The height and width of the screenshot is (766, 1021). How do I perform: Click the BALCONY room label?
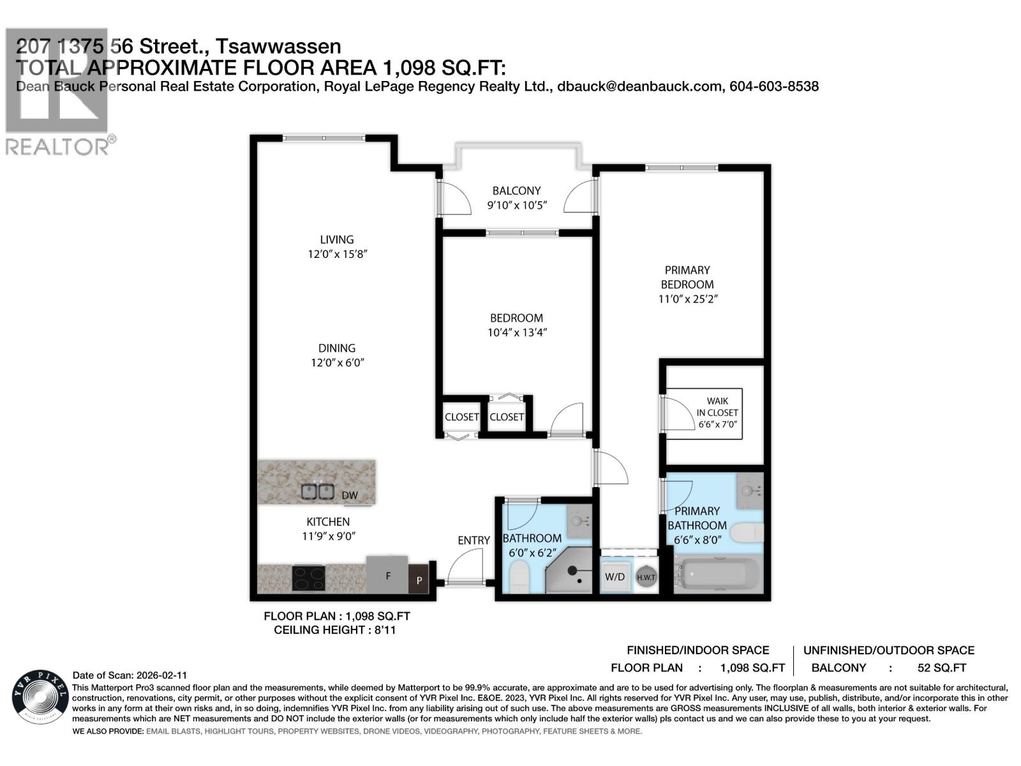pos(516,191)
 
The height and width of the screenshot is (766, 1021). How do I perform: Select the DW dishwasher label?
pos(350,495)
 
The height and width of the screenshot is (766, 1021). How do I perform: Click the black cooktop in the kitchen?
pos(308,578)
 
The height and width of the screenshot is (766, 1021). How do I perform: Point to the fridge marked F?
pos(387,574)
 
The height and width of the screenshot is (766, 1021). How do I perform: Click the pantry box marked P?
pos(419,580)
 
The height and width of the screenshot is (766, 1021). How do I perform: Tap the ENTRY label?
pos(473,541)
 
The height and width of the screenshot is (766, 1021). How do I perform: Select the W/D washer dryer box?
pos(615,576)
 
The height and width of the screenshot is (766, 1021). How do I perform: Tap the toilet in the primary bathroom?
pos(747,532)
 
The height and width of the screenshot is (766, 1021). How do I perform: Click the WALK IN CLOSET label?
pos(717,412)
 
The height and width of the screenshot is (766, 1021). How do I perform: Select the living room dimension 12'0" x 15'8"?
pos(337,254)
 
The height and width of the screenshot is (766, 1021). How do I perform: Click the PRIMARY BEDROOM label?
pos(687,277)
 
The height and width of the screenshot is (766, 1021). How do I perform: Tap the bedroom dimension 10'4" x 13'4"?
pos(516,333)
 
